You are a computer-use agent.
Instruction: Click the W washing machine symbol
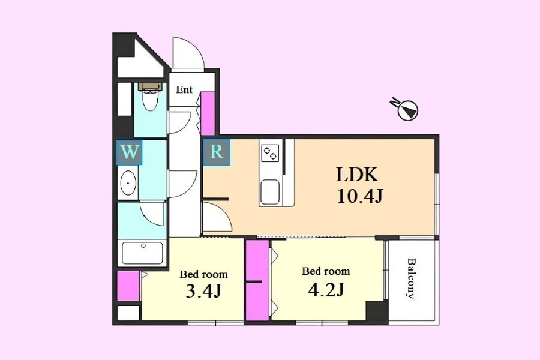(130, 152)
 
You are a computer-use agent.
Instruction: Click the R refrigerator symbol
(217, 152)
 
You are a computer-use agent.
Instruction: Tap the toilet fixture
(150, 97)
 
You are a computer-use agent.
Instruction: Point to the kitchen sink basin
(270, 192)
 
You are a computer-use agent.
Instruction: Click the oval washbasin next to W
(128, 182)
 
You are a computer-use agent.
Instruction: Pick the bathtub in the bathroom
(143, 253)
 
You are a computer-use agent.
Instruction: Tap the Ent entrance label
(184, 90)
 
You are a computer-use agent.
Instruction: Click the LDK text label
(357, 175)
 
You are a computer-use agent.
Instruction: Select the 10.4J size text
(360, 197)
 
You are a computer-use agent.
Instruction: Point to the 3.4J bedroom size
(203, 292)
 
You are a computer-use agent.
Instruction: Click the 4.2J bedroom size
(325, 290)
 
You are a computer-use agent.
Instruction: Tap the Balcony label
(410, 278)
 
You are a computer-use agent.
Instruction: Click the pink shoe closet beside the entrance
(208, 113)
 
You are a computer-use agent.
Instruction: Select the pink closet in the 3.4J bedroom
(128, 286)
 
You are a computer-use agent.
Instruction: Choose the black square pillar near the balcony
(377, 313)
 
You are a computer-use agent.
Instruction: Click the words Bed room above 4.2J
(326, 271)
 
